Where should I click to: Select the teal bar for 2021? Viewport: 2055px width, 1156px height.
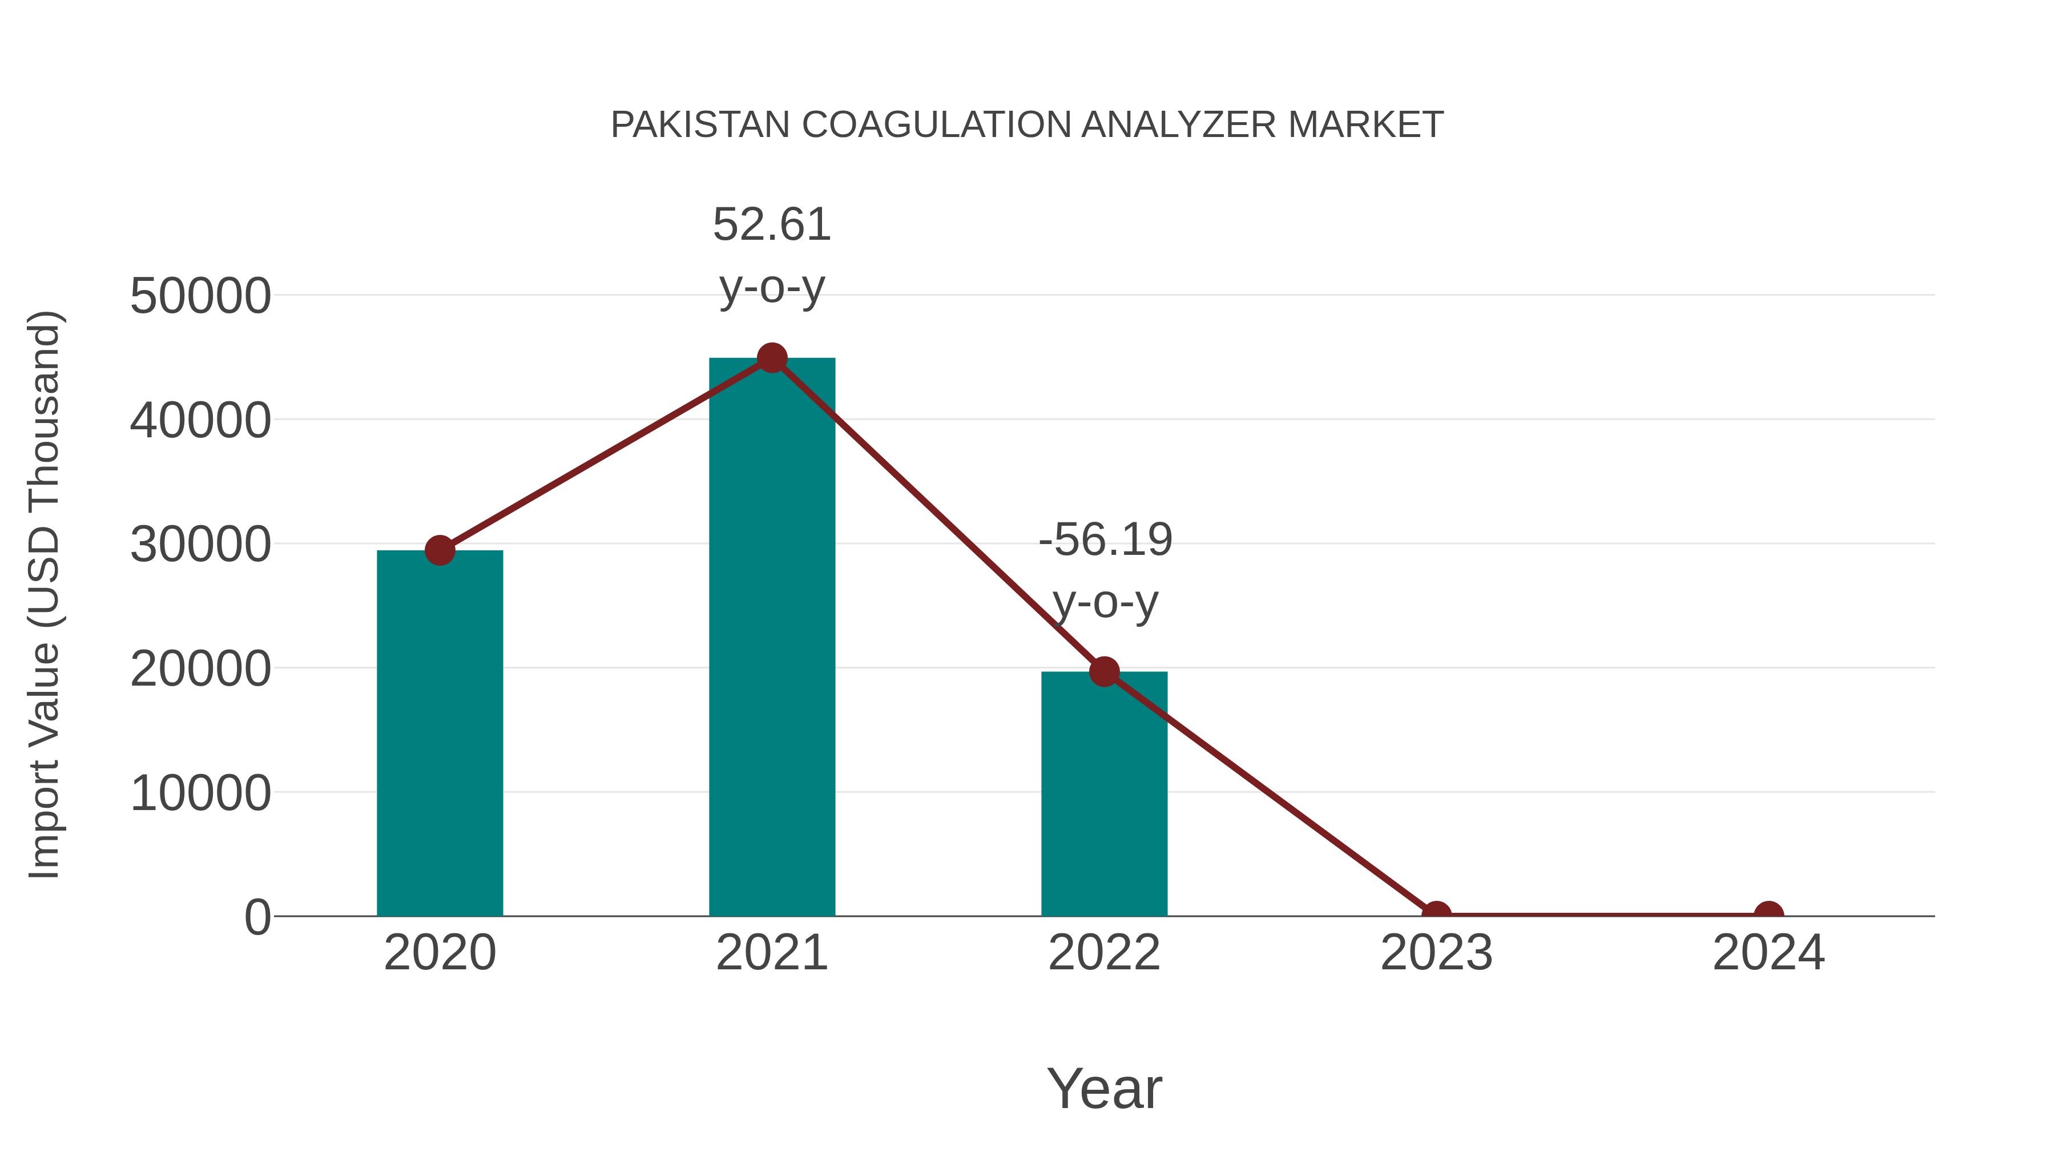click(x=771, y=638)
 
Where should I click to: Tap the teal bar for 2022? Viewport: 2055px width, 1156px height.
click(x=1103, y=798)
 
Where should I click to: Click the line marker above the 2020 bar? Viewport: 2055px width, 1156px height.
click(x=440, y=550)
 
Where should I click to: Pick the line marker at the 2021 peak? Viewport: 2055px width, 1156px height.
click(x=771, y=358)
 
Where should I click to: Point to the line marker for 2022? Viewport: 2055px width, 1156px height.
click(x=1103, y=672)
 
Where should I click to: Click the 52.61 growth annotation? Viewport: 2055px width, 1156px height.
click(x=771, y=225)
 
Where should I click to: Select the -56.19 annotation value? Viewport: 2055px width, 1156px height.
click(x=1105, y=540)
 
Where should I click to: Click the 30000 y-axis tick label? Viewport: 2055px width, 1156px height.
click(x=200, y=545)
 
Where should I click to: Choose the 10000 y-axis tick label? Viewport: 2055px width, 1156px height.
click(x=200, y=794)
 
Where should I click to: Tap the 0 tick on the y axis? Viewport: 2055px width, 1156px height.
click(x=257, y=917)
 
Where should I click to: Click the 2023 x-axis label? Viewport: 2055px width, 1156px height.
click(x=1436, y=953)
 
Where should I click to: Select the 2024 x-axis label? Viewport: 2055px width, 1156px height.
click(x=1768, y=953)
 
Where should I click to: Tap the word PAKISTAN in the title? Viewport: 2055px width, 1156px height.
click(x=700, y=125)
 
